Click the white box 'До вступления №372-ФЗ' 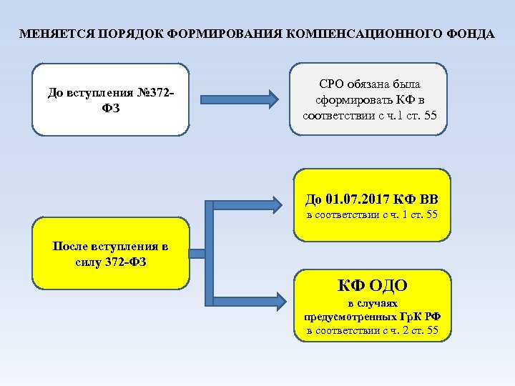pyautogui.click(x=111, y=99)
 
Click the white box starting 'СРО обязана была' pyautogui.click(x=368, y=99)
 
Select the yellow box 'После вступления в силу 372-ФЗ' pyautogui.click(x=111, y=254)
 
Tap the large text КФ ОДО pyautogui.click(x=373, y=286)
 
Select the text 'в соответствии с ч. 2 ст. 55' pyautogui.click(x=373, y=330)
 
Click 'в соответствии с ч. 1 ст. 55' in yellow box pyautogui.click(x=372, y=215)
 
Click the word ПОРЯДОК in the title pyautogui.click(x=126, y=34)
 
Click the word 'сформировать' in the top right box pyautogui.click(x=348, y=100)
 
